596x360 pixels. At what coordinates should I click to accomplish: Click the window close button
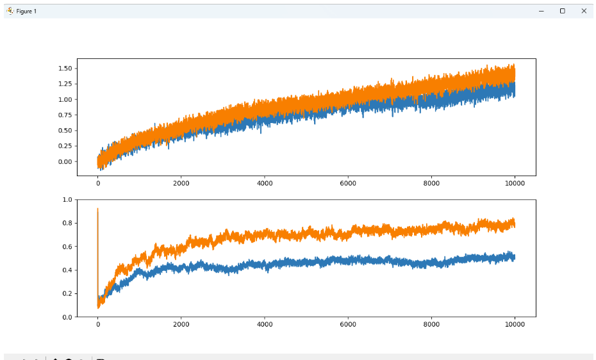pos(584,11)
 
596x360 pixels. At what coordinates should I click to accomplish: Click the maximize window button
pos(563,11)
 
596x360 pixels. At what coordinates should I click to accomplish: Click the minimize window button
pos(542,11)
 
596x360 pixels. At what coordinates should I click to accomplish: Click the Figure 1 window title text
pos(26,12)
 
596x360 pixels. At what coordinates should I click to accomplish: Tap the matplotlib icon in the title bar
pos(10,11)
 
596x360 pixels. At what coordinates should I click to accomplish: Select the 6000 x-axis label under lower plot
pos(348,325)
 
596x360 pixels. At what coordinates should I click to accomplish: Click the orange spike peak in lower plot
pos(97,209)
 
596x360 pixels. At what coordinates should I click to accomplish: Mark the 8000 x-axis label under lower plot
pos(431,325)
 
